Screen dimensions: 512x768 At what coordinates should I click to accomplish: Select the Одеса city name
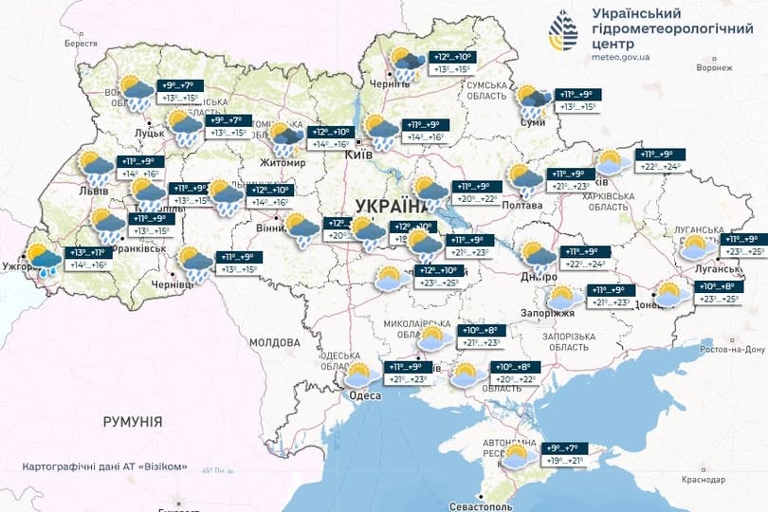point(365,395)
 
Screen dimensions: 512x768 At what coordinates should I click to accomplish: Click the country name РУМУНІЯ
point(133,421)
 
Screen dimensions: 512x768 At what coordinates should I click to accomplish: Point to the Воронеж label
point(714,68)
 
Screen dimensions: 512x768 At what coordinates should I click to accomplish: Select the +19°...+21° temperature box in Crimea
point(562,463)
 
